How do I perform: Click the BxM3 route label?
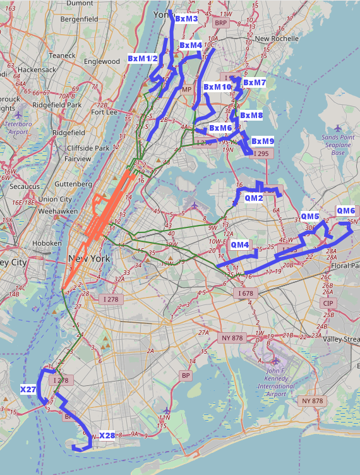pos(186,20)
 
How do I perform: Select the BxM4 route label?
pos(191,45)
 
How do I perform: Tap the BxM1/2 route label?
pos(143,59)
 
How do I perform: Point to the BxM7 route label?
pos(255,83)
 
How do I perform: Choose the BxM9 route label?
pos(263,141)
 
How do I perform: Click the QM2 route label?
pos(254,198)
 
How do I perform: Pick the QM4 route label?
pos(240,244)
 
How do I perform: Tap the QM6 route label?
pos(346,211)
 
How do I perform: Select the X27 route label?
pos(28,390)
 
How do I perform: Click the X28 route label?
pos(107,436)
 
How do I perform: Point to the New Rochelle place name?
pos(277,39)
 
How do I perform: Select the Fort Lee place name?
pos(105,112)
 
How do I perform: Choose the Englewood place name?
pos(102,61)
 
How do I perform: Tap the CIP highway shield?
pos(328,303)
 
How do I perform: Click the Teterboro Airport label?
pos(18,128)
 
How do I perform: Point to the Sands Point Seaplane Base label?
pos(339,145)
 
